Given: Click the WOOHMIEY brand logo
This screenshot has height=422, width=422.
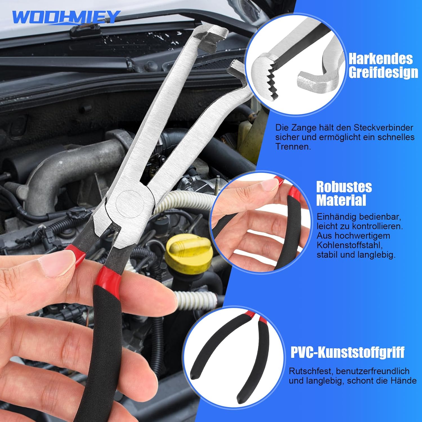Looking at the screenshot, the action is (66, 17).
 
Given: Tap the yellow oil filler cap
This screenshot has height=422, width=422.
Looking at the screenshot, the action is (188, 253).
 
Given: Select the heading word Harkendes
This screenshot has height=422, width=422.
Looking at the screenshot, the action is (381, 59).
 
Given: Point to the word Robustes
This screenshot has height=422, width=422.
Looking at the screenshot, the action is (344, 187).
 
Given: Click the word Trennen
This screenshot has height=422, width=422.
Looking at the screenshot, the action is (293, 147).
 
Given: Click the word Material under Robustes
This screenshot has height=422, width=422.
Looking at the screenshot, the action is (341, 200).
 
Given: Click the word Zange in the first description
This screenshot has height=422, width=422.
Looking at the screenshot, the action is (303, 128).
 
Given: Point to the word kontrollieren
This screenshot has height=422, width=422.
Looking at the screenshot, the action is (378, 226).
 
